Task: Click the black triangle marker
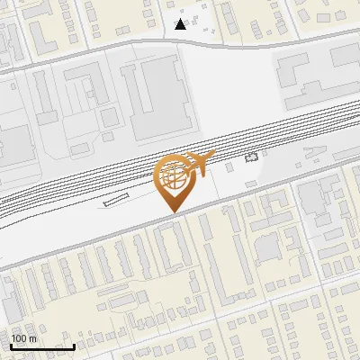click(181, 24)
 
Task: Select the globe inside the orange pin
click(173, 175)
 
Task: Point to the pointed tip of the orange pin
click(173, 212)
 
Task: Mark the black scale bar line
click(42, 346)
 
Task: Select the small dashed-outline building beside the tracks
click(251, 157)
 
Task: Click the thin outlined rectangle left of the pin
click(117, 201)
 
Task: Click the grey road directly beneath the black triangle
click(181, 40)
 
